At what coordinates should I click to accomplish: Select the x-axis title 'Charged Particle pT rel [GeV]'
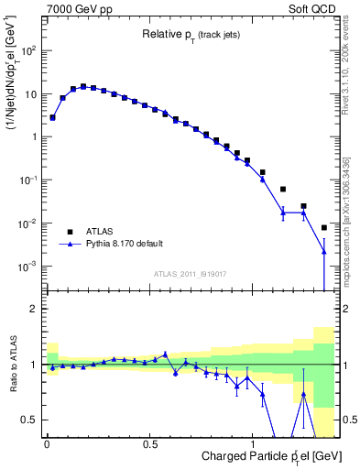[x=247, y=455]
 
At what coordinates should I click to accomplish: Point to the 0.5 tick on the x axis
[x=149, y=442]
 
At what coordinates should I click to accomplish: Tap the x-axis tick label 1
[x=254, y=442]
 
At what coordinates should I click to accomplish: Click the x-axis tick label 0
[x=47, y=442]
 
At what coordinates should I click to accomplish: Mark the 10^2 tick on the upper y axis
[x=27, y=50]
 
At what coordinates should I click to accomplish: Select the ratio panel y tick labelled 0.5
[x=30, y=420]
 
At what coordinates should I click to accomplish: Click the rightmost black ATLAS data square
[x=324, y=227]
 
